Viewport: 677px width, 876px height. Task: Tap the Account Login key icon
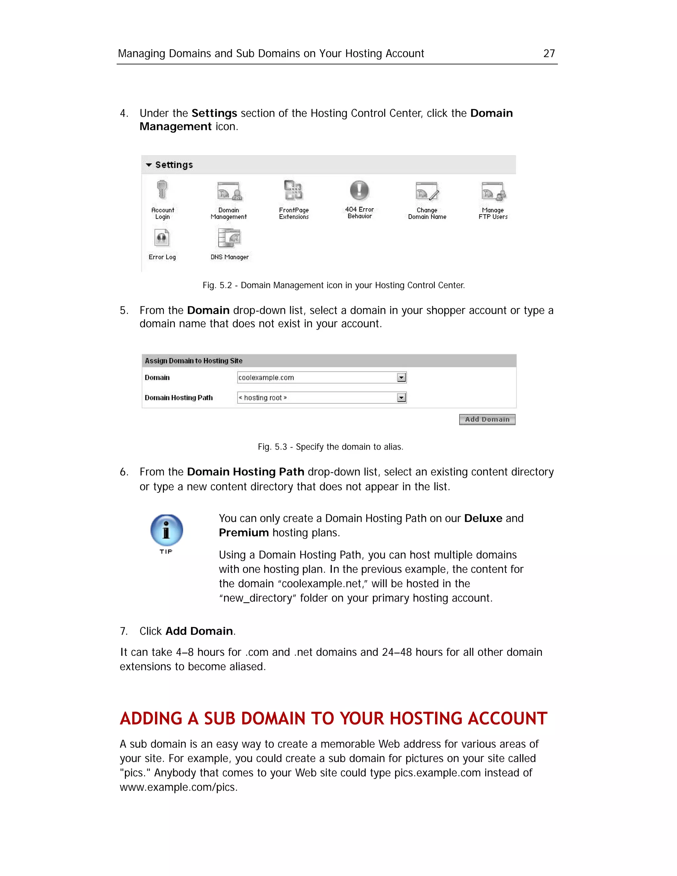pos(162,190)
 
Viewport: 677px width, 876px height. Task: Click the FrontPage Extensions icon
pos(294,190)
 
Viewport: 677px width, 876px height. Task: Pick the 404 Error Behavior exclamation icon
pos(359,190)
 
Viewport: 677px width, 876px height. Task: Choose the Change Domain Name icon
pos(427,191)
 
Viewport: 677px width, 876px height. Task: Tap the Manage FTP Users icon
pos(493,191)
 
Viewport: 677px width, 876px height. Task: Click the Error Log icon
pos(162,238)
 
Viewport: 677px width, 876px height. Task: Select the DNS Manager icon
pos(229,238)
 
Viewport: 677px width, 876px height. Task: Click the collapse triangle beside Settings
pos(149,165)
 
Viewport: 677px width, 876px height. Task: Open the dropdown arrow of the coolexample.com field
pos(401,378)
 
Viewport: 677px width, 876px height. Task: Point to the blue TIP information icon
pos(167,530)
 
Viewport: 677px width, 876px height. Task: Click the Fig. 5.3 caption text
pos(330,447)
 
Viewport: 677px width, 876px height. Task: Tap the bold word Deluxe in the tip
pos(483,518)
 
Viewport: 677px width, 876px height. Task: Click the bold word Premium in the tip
pos(243,533)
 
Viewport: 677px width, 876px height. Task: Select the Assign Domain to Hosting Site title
pos(193,361)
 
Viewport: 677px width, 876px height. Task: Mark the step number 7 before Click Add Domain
pos(124,631)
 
